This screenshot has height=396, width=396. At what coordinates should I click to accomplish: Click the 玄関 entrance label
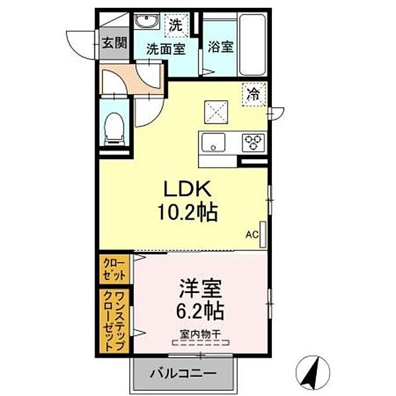tap(114, 44)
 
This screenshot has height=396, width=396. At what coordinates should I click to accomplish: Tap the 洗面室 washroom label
tap(165, 48)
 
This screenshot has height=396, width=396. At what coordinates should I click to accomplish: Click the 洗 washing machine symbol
tap(175, 26)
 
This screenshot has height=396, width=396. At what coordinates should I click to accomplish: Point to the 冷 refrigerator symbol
tap(253, 94)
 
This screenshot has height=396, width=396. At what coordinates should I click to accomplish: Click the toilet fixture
tap(115, 126)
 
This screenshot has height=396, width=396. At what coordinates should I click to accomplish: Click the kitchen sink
tap(213, 141)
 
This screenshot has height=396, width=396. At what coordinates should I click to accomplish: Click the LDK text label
tap(187, 191)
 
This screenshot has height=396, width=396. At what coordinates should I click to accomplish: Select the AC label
tap(251, 233)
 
